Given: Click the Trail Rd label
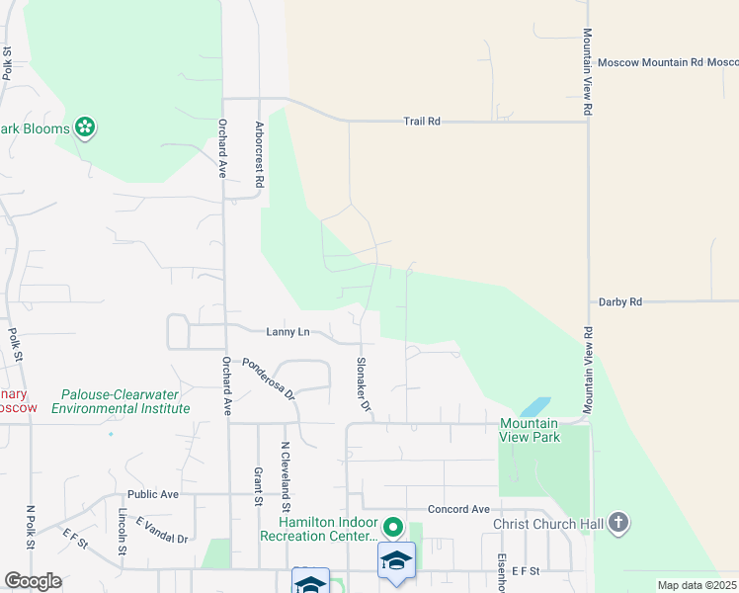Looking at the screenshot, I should pyautogui.click(x=421, y=122).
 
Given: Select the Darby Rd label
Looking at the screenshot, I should pyautogui.click(x=620, y=301).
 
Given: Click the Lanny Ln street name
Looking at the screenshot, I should pyautogui.click(x=288, y=332).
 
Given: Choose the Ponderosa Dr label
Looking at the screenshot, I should pyautogui.click(x=269, y=379).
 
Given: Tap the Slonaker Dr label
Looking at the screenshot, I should pyautogui.click(x=363, y=384).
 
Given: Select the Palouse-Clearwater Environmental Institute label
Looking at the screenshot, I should pyautogui.click(x=120, y=400).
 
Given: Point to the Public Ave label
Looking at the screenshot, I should pyautogui.click(x=152, y=494).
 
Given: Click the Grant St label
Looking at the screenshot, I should pyautogui.click(x=257, y=486).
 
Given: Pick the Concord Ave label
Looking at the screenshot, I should pyautogui.click(x=458, y=509).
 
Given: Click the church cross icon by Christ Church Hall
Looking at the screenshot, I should pyautogui.click(x=618, y=523).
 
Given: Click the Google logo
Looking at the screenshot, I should pyautogui.click(x=34, y=581).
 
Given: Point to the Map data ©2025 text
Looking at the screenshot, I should pyautogui.click(x=698, y=585).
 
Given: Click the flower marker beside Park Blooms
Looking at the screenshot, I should pyautogui.click(x=86, y=127).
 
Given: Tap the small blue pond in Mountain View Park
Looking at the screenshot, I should pyautogui.click(x=534, y=406).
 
